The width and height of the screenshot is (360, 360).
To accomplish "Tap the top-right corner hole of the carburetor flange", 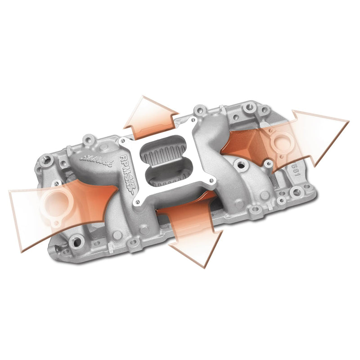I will (192, 121).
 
